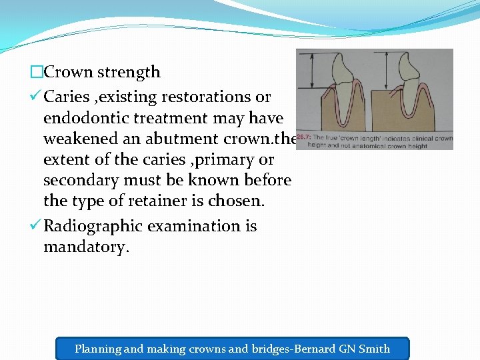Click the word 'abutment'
point(177,139)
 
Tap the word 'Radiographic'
point(93,226)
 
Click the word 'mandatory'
point(84,247)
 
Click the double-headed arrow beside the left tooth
point(308,73)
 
